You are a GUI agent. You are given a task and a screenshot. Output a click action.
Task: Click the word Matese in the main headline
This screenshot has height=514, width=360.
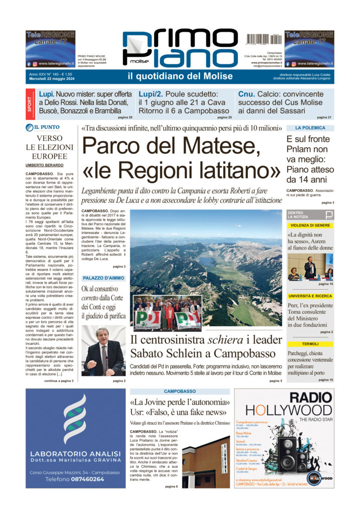coord(221,146)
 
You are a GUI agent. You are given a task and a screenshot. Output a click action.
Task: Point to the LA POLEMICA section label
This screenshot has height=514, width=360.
coord(310,128)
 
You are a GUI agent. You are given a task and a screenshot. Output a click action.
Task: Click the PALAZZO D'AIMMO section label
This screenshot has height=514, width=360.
coord(103,278)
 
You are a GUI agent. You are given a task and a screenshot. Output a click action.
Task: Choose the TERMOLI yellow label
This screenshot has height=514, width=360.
coord(310,344)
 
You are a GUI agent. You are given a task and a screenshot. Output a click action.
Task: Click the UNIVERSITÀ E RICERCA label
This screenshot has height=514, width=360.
coord(310,296)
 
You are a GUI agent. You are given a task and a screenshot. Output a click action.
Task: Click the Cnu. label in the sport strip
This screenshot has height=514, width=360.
coord(247,94)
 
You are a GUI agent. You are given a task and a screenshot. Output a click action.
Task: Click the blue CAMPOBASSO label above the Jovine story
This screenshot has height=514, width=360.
coord(179,391)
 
